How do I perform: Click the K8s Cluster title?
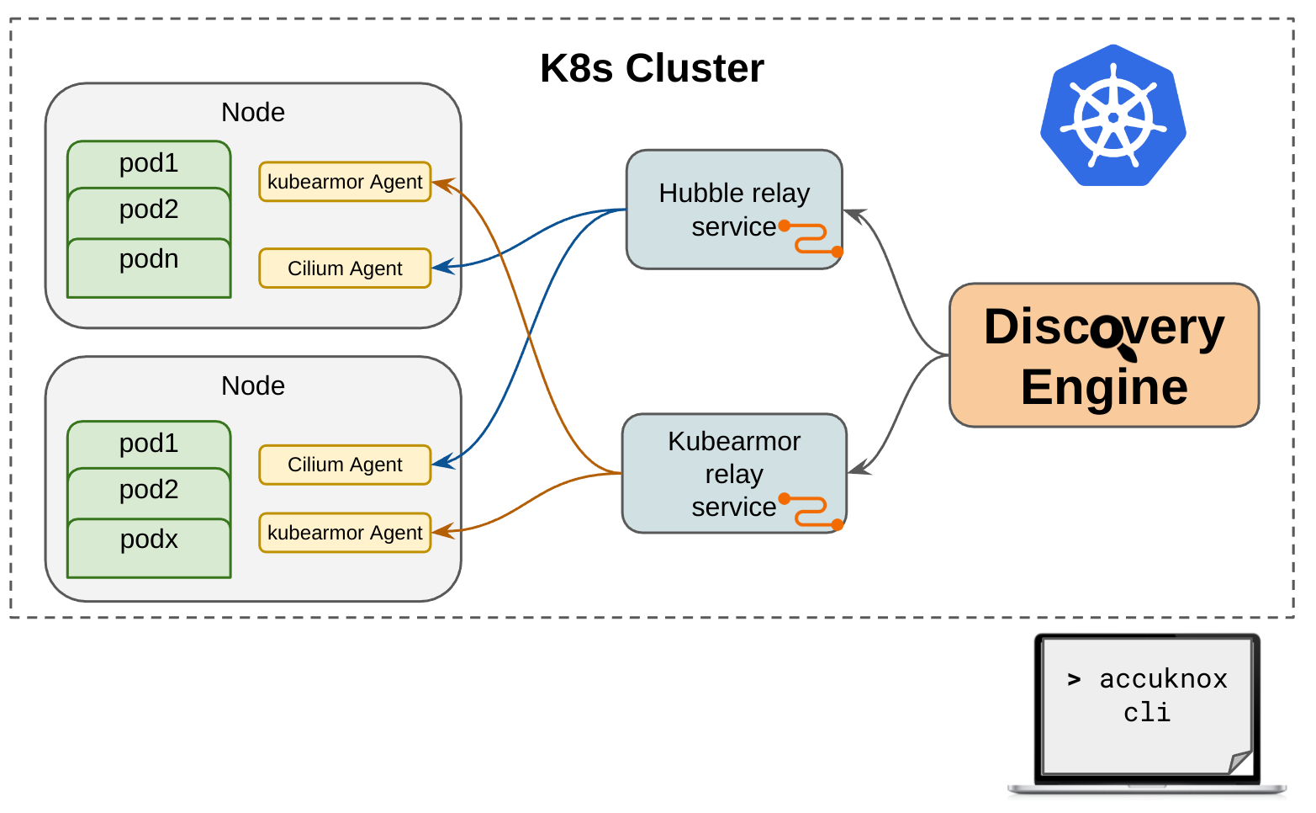click(x=652, y=68)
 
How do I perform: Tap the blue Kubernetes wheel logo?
click(x=1113, y=116)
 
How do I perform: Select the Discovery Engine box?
click(x=1103, y=355)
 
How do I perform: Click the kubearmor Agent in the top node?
click(x=345, y=182)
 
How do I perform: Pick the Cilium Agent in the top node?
click(x=345, y=268)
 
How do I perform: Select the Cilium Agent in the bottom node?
click(x=345, y=465)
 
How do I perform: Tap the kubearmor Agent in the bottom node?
click(x=345, y=533)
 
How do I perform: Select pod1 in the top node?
click(x=149, y=163)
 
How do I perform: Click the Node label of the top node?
click(x=253, y=112)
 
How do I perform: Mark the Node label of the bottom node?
click(x=253, y=385)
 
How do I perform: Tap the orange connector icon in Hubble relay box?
click(x=811, y=238)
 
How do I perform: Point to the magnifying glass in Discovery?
click(x=1111, y=334)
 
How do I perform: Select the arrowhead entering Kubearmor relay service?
click(x=855, y=470)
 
